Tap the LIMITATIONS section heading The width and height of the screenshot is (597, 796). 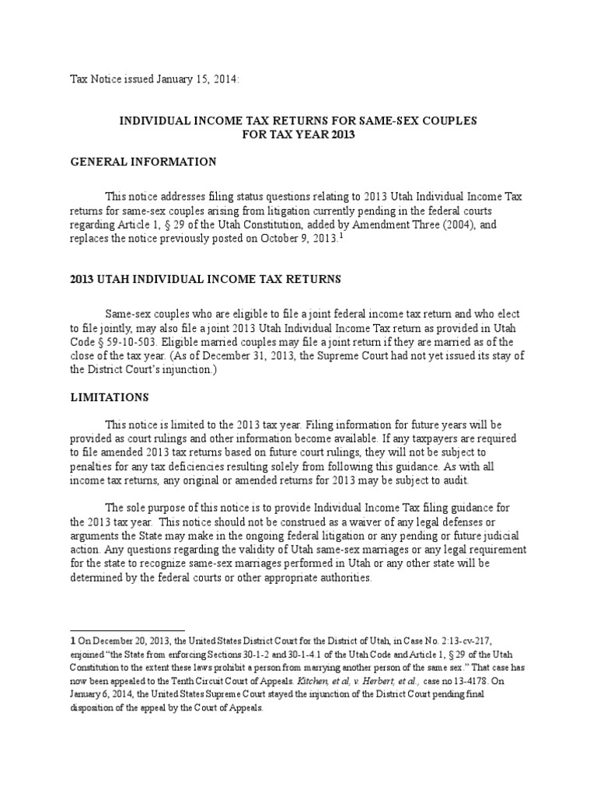click(110, 396)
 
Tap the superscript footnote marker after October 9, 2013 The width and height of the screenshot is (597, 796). click(339, 236)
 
